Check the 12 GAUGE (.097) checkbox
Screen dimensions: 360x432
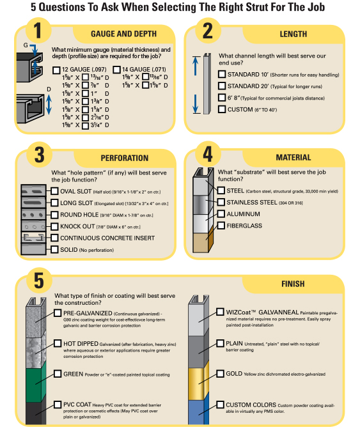(x=56, y=70)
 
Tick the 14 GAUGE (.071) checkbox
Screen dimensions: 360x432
(x=116, y=70)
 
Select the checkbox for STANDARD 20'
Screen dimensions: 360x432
(x=222, y=86)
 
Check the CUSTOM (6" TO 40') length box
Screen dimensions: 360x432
(x=222, y=109)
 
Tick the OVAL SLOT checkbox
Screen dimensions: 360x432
(x=54, y=191)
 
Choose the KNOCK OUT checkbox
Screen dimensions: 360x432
(x=54, y=226)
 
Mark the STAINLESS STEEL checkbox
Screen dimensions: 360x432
(x=221, y=202)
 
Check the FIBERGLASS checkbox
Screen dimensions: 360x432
(x=221, y=226)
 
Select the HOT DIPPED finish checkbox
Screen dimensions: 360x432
(x=58, y=343)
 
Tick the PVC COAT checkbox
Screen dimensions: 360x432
(x=58, y=404)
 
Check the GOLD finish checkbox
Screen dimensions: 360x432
(x=220, y=374)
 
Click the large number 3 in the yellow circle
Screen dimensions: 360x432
(x=40, y=155)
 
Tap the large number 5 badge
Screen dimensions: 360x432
(x=39, y=281)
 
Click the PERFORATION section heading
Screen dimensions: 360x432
(x=125, y=158)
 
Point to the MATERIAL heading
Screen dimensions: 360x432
(x=293, y=157)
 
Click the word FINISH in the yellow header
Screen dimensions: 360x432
(x=293, y=284)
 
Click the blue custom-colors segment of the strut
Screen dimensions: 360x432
(x=198, y=412)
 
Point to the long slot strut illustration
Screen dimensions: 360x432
(x=33, y=203)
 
